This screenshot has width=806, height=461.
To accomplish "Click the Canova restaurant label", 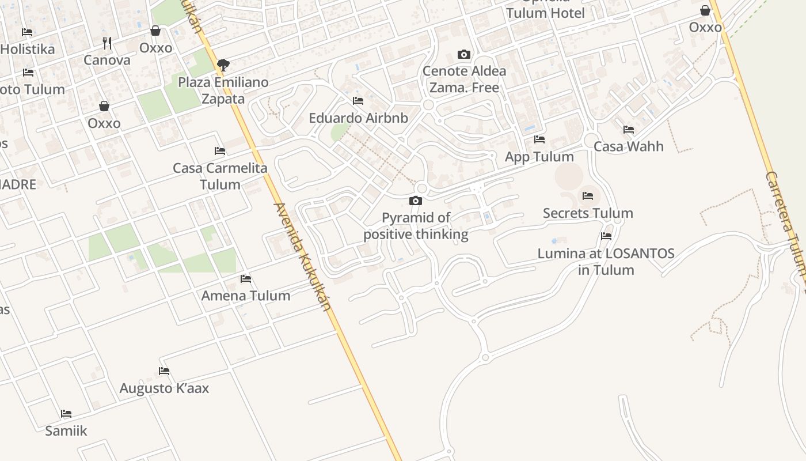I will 107,60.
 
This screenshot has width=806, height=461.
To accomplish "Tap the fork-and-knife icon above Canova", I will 107,43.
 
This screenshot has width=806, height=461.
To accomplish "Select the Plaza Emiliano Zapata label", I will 223,90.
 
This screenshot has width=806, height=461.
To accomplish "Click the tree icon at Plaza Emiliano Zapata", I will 223,65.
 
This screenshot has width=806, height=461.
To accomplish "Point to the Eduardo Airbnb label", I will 358,118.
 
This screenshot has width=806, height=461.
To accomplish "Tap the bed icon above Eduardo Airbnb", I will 358,101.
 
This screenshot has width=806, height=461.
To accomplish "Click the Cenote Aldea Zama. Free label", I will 464,80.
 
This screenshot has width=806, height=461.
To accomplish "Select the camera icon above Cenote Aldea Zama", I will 464,55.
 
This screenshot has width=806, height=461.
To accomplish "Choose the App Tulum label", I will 539,157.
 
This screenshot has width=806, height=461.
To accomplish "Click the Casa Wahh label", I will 628,146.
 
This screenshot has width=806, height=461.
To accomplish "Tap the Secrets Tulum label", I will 588,213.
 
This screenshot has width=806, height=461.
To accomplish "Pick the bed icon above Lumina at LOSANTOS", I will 606,236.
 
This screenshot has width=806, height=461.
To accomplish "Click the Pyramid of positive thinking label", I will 416,226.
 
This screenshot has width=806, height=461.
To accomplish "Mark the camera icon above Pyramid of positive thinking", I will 416,201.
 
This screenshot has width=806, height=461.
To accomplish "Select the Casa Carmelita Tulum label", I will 220,176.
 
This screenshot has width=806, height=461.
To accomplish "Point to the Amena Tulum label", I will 246,296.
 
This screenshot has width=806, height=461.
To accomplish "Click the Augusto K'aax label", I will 164,388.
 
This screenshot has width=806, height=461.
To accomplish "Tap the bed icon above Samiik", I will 66,414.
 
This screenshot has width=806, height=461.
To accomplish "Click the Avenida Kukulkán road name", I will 303,256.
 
